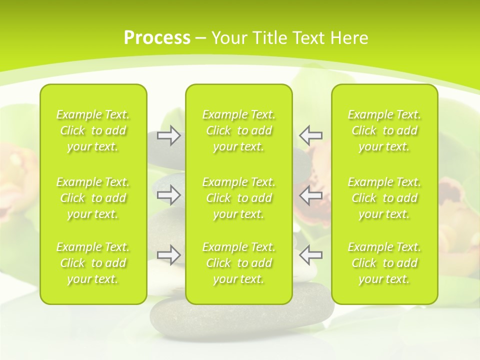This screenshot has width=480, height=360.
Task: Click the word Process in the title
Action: point(157,38)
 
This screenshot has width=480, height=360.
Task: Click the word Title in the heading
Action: point(270,38)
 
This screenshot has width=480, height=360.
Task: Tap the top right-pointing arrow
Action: point(168,135)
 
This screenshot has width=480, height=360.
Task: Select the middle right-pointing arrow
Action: point(168,195)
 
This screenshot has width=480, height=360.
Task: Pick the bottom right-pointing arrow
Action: point(168,255)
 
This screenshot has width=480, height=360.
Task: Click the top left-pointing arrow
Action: point(310,135)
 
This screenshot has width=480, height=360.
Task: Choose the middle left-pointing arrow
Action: point(310,195)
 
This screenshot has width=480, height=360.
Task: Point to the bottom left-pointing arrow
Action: point(310,255)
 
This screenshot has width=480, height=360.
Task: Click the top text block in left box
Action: point(93,130)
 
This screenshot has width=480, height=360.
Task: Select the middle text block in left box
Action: point(93,198)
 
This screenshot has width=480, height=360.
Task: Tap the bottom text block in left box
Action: point(93,263)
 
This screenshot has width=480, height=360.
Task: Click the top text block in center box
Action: point(239,130)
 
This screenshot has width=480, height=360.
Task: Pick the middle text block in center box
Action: point(239,198)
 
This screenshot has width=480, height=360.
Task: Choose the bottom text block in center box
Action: point(239,263)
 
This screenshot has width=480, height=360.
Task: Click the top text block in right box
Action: point(384,130)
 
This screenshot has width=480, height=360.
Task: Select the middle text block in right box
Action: point(384,198)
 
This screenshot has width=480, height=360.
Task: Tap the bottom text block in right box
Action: point(384,263)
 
